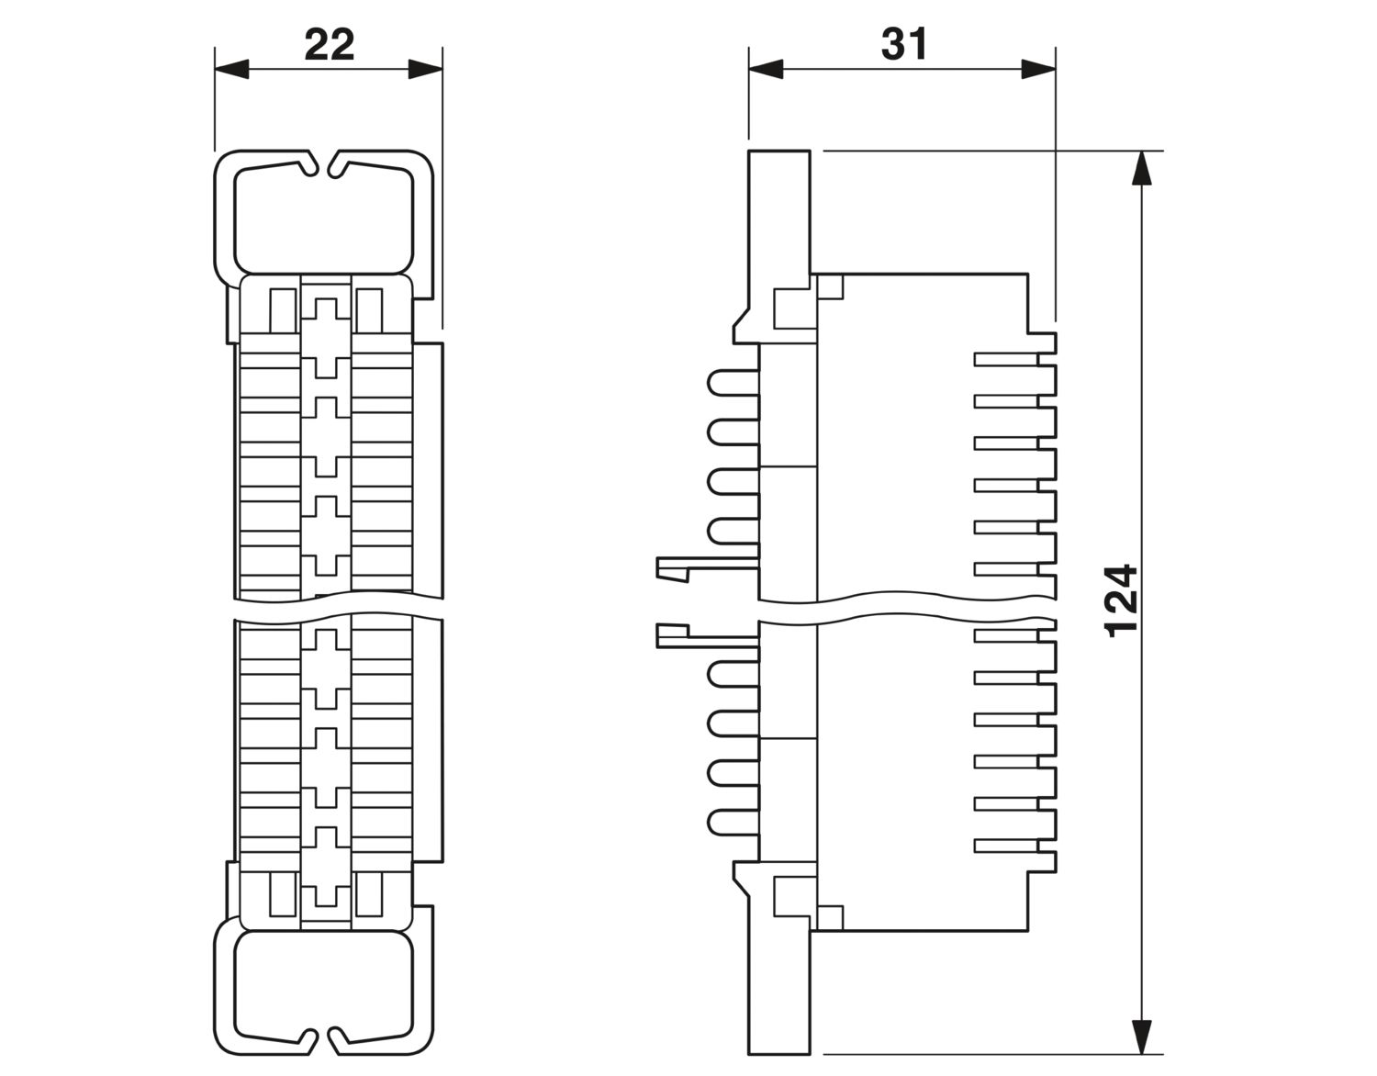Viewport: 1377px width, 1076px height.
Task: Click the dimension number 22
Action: pos(329,45)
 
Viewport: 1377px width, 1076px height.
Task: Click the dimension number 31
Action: pos(904,44)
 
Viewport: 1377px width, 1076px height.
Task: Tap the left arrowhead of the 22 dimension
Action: pos(231,69)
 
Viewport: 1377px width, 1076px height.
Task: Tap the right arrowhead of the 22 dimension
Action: pos(425,69)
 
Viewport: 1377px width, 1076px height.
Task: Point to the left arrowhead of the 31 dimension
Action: pos(766,69)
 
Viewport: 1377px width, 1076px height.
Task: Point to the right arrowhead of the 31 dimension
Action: pos(1038,69)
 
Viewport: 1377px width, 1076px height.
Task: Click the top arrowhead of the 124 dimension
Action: pos(1141,168)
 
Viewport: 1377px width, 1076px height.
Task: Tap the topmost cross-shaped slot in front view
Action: pos(326,339)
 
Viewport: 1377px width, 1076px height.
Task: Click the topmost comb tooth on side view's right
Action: pos(1006,359)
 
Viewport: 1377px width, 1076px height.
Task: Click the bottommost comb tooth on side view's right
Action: pos(1006,846)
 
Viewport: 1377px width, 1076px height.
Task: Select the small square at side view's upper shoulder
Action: pos(830,286)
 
